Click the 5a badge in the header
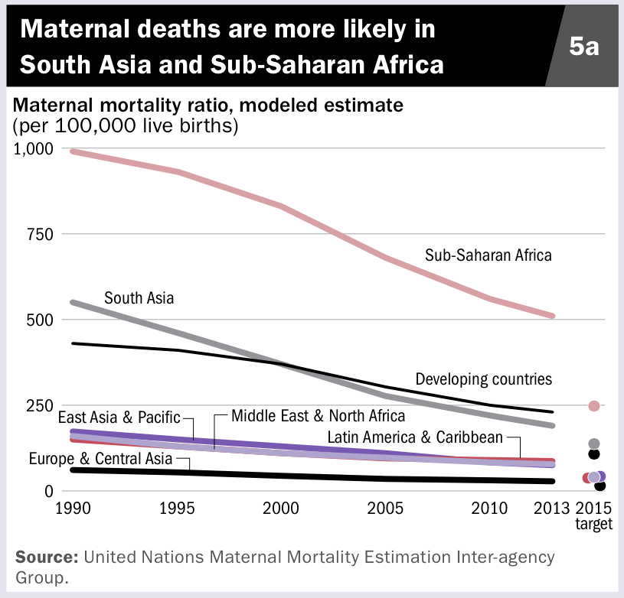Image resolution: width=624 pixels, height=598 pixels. (x=583, y=47)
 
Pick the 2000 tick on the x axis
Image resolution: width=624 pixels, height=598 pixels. (x=280, y=509)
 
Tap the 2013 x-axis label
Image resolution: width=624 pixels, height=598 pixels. (x=552, y=509)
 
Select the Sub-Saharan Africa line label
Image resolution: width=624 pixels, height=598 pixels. (x=488, y=255)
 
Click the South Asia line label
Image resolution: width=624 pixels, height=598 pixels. (x=139, y=297)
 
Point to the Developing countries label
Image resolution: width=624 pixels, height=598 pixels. (x=483, y=379)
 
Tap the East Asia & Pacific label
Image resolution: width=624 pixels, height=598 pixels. (x=119, y=418)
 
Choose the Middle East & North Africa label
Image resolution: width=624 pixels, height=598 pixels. (x=318, y=417)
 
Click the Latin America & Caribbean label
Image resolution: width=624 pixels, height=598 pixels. (x=415, y=437)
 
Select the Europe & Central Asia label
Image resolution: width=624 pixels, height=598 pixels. (x=100, y=460)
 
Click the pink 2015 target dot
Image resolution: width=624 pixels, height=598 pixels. (x=593, y=405)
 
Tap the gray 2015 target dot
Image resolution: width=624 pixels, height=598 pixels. (x=593, y=444)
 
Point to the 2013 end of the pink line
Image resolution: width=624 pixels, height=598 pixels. (x=552, y=315)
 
